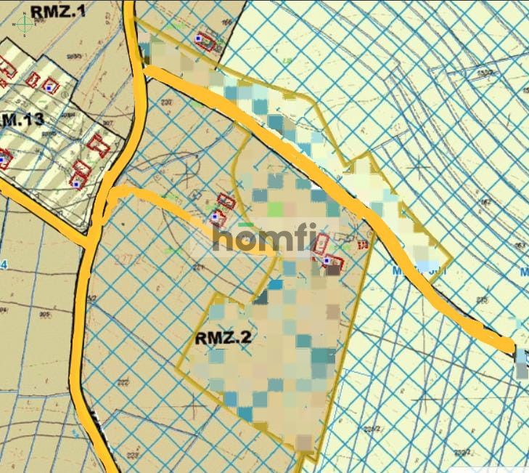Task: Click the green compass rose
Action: (x=25, y=25)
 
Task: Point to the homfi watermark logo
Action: (x=258, y=237)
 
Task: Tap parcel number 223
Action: (x=131, y=455)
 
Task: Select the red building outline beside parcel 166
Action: (x=206, y=41)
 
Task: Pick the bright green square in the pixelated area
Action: (x=276, y=209)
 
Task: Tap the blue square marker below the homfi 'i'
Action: (x=327, y=259)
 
